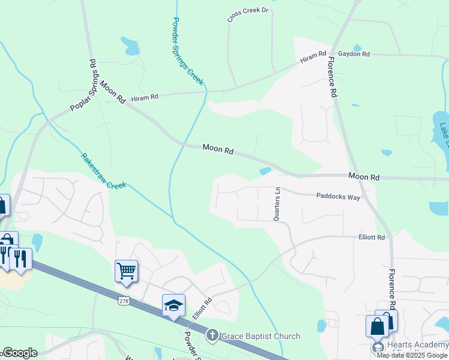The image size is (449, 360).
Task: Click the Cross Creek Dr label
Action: [x=247, y=16]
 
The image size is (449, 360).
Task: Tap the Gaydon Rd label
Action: [x=354, y=54]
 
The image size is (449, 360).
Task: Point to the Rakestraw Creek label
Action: [x=104, y=171]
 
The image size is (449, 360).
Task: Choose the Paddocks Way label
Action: [x=337, y=196]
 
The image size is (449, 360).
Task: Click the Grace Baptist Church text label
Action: [x=261, y=336]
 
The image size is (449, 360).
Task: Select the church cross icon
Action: [x=212, y=336]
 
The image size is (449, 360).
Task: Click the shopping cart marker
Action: [x=127, y=271]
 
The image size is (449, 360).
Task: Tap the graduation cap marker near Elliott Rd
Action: [x=173, y=305]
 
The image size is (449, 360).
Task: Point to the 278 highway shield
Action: [x=124, y=301]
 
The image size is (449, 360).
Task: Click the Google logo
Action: [x=19, y=353]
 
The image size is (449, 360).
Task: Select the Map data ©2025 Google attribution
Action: [x=412, y=355]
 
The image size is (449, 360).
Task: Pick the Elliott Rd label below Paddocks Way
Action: [x=372, y=238]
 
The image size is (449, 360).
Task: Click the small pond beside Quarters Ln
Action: [x=265, y=171]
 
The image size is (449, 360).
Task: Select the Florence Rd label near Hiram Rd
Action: [x=332, y=77]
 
